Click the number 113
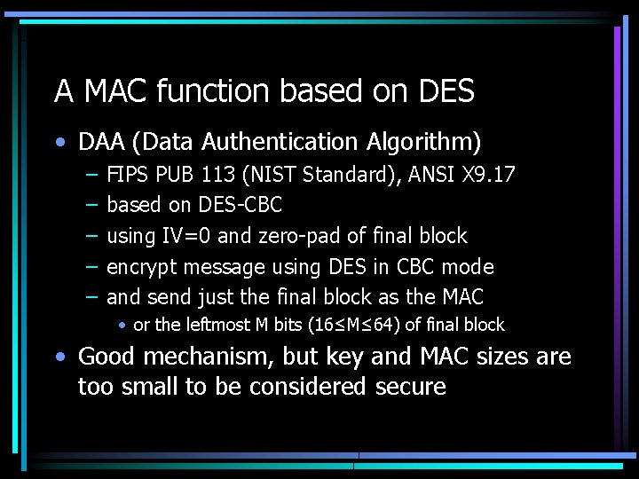(x=220, y=174)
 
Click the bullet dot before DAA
(x=59, y=142)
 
